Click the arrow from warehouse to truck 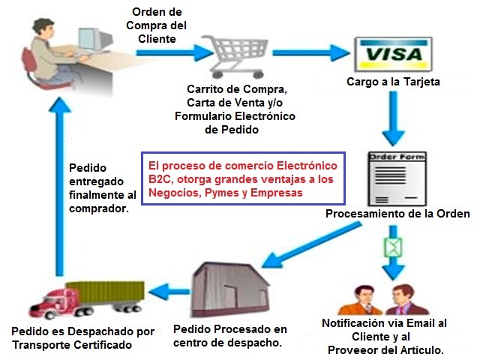pos(168,289)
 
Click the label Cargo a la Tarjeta pos(392,81)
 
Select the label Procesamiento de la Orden pos(397,214)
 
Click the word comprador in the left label pos(97,209)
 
